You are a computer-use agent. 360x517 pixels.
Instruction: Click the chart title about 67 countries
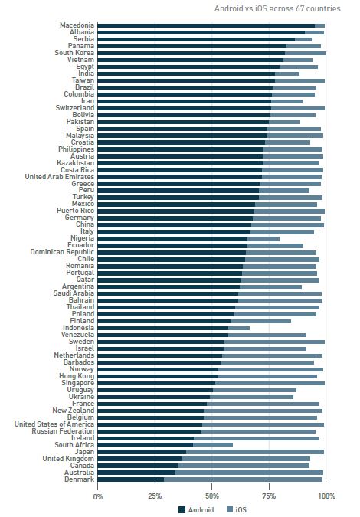tap(277, 8)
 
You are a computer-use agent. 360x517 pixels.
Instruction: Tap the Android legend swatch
tap(182, 509)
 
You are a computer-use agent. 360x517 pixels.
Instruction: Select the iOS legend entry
tap(237, 509)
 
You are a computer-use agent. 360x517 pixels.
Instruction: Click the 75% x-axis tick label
tap(269, 496)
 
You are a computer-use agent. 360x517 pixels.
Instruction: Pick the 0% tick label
tap(98, 496)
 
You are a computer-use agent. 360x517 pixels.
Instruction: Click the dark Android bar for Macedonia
tap(206, 25)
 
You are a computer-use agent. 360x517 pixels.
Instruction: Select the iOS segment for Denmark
tap(243, 479)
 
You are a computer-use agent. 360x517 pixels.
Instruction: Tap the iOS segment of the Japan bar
tap(255, 452)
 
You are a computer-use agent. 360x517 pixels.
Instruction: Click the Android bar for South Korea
tap(191, 53)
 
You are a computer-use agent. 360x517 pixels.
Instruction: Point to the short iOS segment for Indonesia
tap(239, 328)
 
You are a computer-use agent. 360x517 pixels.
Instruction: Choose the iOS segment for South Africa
tap(213, 445)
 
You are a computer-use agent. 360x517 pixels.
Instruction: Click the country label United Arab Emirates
tap(59, 177)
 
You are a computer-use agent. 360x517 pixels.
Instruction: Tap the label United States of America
tap(54, 424)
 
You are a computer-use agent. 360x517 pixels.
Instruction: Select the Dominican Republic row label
tap(62, 252)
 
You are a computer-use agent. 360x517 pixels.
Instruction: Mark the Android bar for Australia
tap(136, 473)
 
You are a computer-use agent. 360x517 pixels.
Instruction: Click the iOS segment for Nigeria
tap(263, 239)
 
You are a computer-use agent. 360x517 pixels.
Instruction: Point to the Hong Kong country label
tap(77, 376)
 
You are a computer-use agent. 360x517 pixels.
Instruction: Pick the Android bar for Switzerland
tap(185, 108)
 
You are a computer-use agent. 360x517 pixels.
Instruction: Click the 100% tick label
tap(326, 496)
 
